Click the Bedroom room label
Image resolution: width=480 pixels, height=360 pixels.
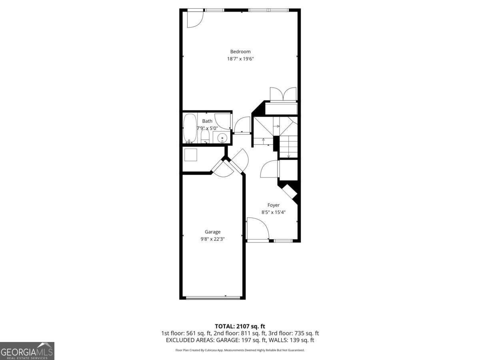click(x=240, y=51)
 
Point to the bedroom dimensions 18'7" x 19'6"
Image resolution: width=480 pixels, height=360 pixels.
click(x=240, y=59)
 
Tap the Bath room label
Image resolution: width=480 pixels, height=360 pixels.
click(x=207, y=121)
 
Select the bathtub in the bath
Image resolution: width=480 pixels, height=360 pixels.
click(x=190, y=128)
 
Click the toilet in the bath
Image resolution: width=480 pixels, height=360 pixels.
click(x=205, y=136)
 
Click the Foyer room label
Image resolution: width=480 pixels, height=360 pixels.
click(x=274, y=205)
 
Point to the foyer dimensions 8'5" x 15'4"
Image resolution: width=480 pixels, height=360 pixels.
click(x=274, y=212)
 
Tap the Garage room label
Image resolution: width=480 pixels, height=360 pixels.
click(x=212, y=232)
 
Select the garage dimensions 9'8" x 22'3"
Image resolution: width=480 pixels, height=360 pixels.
click(x=212, y=239)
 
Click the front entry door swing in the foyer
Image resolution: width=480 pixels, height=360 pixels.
click(x=257, y=229)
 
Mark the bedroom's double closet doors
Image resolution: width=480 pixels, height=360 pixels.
click(x=283, y=94)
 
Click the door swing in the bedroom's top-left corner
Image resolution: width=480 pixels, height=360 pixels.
click(x=195, y=19)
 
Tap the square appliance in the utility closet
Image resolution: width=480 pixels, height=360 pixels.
click(x=190, y=154)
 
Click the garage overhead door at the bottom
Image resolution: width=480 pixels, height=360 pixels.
click(x=213, y=297)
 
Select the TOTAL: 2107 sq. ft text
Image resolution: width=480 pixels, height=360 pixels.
click(x=240, y=326)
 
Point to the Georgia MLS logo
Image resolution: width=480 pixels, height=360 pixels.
click(x=27, y=351)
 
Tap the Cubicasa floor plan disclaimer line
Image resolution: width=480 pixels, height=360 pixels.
click(x=240, y=350)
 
